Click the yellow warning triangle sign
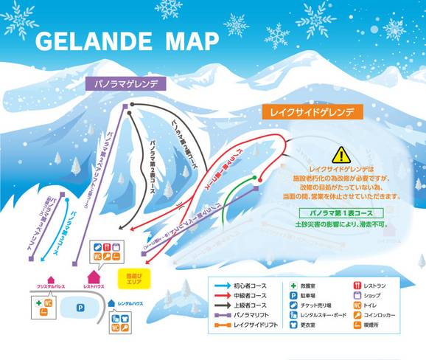point(341,155)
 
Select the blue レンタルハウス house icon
point(111,302)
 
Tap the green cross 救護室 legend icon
point(293,284)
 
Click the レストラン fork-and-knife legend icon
point(357,284)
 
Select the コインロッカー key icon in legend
point(357,315)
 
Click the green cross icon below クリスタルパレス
point(38,302)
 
